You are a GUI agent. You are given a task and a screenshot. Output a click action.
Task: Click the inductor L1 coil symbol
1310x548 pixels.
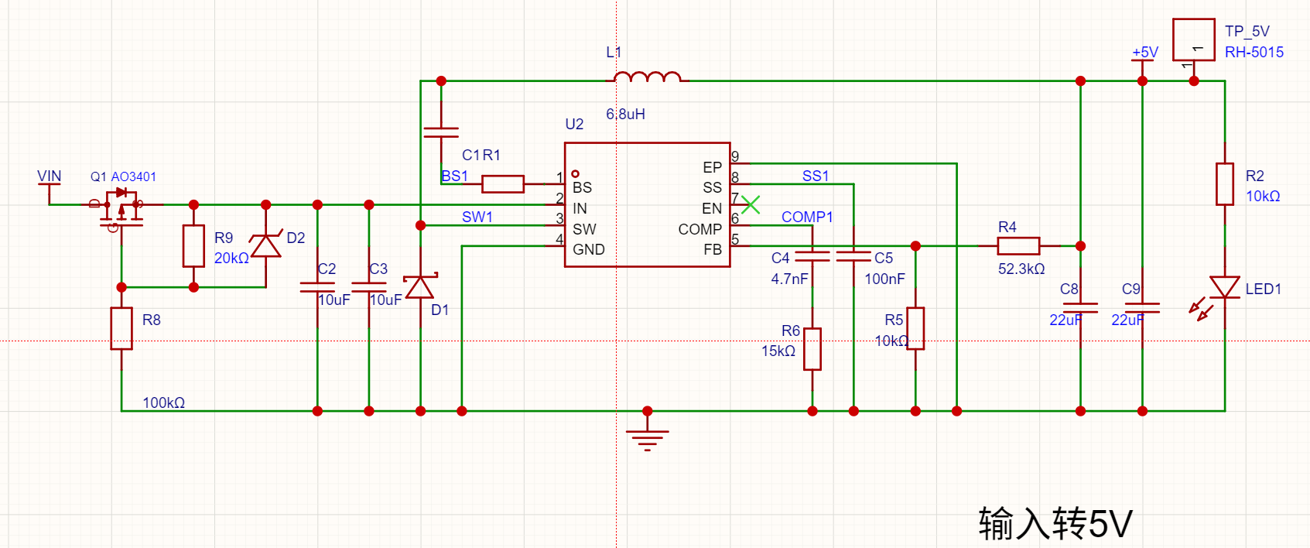click(x=648, y=77)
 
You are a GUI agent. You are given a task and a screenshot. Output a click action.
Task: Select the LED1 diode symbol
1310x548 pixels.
click(x=1225, y=287)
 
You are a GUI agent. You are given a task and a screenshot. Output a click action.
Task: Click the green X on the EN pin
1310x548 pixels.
click(x=751, y=204)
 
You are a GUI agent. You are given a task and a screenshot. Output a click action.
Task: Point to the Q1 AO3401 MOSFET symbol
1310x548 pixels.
click(x=121, y=208)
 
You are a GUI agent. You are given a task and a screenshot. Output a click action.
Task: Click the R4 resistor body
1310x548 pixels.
click(x=1018, y=245)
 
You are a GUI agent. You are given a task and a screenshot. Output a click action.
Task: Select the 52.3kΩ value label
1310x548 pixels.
click(x=1021, y=269)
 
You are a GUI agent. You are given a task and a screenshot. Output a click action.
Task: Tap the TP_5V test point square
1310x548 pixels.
click(x=1194, y=39)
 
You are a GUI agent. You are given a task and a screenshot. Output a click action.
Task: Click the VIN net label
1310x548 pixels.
click(x=49, y=176)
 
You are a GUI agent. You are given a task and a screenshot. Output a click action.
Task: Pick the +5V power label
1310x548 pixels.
click(x=1144, y=52)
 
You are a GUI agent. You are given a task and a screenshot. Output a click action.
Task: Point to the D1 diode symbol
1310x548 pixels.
click(x=420, y=286)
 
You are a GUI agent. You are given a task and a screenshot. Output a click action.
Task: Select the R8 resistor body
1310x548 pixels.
click(x=121, y=328)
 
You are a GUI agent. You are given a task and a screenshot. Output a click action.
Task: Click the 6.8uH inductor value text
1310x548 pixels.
click(x=625, y=114)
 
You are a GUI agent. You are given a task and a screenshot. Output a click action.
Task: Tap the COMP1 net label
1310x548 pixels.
click(x=807, y=217)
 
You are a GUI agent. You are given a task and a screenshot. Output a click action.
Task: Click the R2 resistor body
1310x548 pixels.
click(x=1225, y=184)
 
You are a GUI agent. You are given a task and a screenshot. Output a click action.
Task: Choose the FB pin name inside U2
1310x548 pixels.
click(x=713, y=250)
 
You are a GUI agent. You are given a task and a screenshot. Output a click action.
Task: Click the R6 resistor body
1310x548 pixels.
click(x=812, y=349)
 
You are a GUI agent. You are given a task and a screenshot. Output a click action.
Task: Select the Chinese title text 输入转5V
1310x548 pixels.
click(x=1055, y=523)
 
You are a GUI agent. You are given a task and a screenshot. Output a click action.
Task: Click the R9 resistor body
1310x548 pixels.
click(x=193, y=245)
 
